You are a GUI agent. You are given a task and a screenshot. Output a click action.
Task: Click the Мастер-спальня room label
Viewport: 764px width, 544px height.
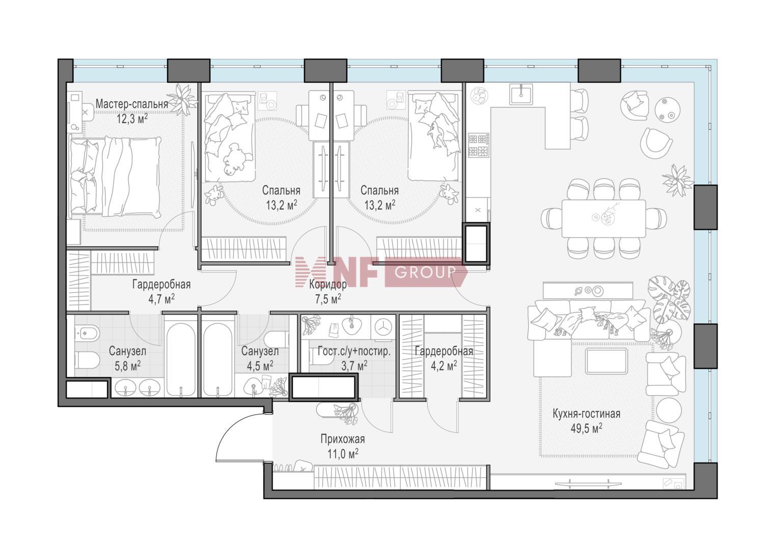tap(131, 104)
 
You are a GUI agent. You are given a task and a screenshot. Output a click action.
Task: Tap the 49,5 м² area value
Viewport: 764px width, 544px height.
tap(586, 428)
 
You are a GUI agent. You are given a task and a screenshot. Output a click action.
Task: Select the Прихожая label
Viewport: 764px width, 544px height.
tap(342, 439)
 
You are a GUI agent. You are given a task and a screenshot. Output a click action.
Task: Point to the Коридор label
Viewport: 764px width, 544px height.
tap(328, 284)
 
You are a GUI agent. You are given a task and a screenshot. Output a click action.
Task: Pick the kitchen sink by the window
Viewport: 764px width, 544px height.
tap(521, 94)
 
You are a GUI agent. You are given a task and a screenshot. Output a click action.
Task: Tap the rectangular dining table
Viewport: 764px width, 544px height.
tap(604, 218)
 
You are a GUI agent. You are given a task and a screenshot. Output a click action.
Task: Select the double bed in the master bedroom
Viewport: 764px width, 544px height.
tap(115, 178)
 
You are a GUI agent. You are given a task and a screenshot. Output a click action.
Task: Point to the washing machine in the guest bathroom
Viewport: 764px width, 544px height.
tap(383, 327)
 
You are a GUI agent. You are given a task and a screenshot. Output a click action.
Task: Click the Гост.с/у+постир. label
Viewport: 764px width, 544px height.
tap(354, 351)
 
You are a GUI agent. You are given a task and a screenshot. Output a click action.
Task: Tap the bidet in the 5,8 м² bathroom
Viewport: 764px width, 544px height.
tap(87, 332)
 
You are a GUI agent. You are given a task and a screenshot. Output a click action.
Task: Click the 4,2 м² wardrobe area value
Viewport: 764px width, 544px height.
tap(444, 366)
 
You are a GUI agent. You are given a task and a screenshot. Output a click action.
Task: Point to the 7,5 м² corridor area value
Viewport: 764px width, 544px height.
tap(328, 299)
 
